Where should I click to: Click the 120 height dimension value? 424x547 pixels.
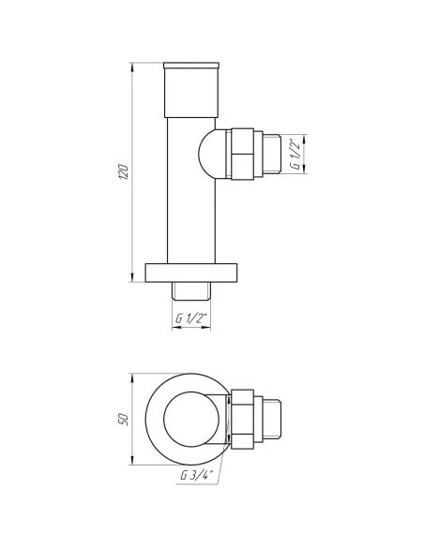(x=122, y=172)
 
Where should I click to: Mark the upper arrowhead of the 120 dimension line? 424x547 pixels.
(x=131, y=66)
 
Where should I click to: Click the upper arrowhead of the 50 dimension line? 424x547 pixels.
(x=131, y=375)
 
